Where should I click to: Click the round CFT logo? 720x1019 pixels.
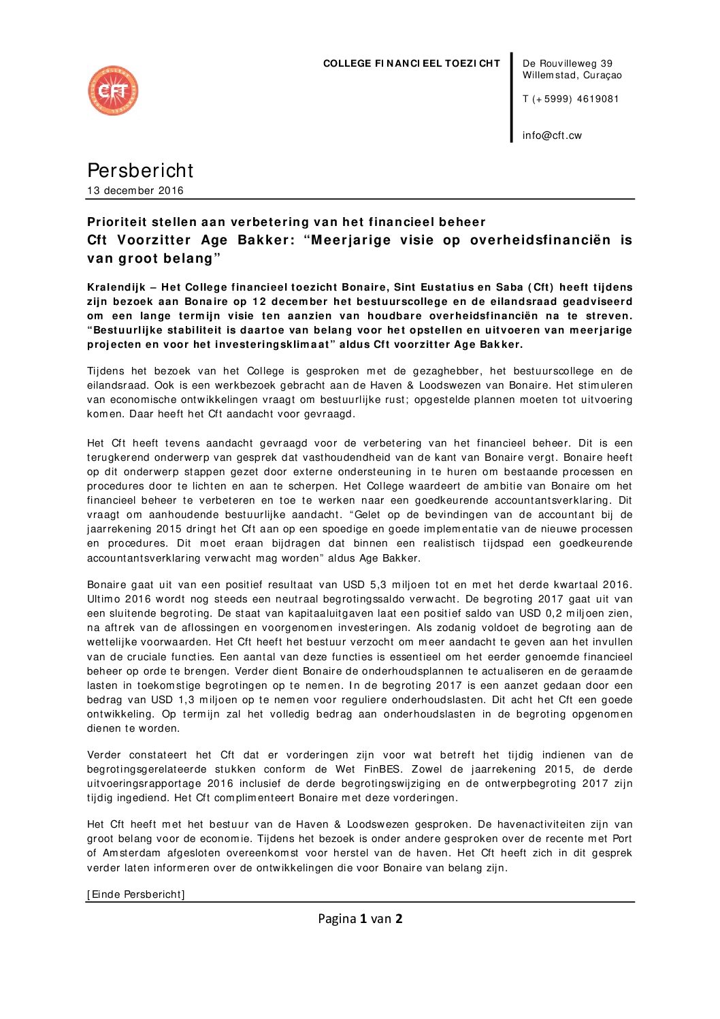coord(113,91)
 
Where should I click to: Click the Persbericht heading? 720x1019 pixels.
coord(140,170)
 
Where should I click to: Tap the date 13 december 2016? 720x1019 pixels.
coord(135,191)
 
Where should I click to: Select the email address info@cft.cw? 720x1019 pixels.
coord(552,135)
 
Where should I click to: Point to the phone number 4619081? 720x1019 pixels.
coord(598,99)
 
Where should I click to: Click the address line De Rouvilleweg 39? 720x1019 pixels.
coord(568,63)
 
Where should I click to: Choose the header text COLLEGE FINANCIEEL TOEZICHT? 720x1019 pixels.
coord(411,63)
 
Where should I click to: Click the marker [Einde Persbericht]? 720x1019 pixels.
coord(136,894)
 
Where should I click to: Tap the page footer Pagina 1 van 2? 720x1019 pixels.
coord(360,919)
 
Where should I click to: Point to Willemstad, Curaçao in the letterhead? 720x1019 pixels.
coord(572,76)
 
